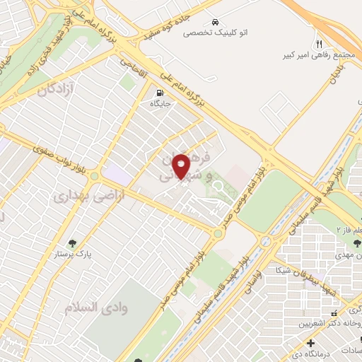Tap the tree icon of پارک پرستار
click(49, 252)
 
